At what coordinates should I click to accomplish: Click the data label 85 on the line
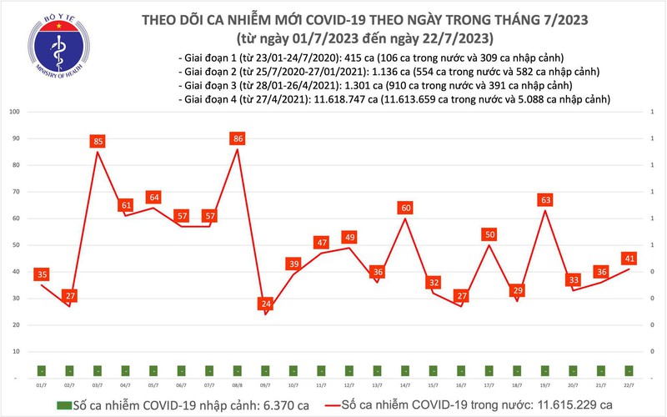tap(98, 142)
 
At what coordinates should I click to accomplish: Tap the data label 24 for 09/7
tap(266, 303)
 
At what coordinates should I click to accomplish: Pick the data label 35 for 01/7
tap(42, 274)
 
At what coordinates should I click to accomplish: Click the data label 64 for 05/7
tap(154, 197)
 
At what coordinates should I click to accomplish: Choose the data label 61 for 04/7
tap(126, 205)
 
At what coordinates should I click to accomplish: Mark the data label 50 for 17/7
tap(489, 234)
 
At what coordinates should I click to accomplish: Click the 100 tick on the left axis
tap(14, 111)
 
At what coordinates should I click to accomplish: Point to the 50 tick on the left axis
tap(16, 245)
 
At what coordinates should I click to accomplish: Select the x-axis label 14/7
tap(404, 385)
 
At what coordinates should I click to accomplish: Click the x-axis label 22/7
tap(628, 385)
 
